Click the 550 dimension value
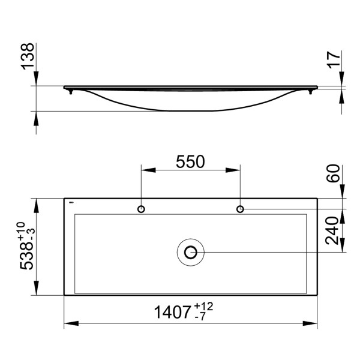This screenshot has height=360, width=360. point(190,161)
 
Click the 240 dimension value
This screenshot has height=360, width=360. point(334,230)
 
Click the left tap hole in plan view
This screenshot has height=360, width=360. point(141,209)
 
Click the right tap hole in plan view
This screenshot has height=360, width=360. point(240,209)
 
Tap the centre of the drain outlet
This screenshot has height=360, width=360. point(191,252)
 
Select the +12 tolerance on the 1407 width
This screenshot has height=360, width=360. point(204,307)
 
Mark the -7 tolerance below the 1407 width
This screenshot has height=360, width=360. point(202,318)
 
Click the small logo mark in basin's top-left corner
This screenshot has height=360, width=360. point(70,203)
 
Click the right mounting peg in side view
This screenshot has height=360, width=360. point(311,91)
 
